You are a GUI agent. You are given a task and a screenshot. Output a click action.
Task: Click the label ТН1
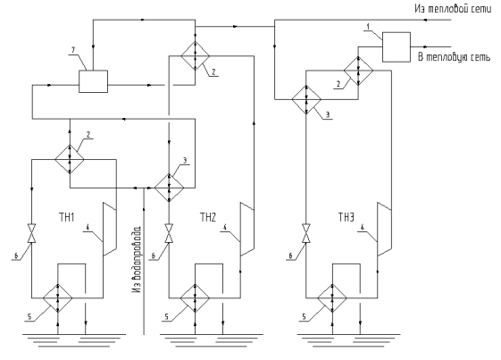tap(66, 218)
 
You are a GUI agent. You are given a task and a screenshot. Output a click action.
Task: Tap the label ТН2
tap(208, 218)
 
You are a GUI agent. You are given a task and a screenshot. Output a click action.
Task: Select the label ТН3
tap(347, 218)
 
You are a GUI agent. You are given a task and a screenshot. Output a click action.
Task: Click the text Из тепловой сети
tap(453, 9)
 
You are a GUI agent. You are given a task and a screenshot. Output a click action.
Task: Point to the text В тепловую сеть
tap(454, 57)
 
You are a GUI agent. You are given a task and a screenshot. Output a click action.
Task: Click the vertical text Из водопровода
tap(137, 260)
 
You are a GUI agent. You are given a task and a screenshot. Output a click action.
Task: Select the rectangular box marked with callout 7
tap(93, 81)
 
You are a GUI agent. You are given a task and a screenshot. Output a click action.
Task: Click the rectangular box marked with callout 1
tap(397, 47)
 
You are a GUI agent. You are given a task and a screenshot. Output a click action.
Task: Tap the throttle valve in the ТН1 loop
tap(31, 233)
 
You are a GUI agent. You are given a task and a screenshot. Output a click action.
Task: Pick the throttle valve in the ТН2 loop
tap(169, 233)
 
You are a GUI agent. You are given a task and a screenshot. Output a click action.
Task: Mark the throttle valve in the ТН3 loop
tap(306, 233)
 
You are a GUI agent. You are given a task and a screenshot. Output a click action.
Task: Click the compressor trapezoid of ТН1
tap(109, 229)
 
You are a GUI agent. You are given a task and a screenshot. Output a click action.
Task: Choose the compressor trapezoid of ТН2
tap(247, 229)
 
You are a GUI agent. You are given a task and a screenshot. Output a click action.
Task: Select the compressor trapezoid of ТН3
tap(384, 229)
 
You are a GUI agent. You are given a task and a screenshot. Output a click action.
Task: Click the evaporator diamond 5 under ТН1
tap(58, 298)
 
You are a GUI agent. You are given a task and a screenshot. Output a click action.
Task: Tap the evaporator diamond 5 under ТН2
tap(196, 298)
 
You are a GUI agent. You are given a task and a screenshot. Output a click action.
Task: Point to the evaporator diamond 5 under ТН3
tap(332, 298)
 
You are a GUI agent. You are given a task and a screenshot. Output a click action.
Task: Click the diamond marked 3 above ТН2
tap(170, 188)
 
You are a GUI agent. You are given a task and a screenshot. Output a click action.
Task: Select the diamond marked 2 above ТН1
tap(70, 159)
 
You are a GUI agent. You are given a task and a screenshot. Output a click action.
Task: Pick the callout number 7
tap(73, 50)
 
